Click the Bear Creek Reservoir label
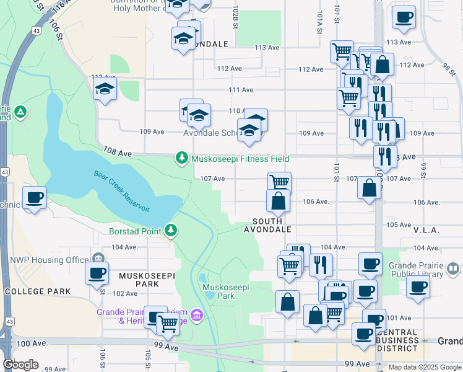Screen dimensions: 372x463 122,191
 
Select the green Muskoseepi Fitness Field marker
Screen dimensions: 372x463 181,159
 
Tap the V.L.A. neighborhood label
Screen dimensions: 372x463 425,230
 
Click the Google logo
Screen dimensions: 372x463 20,364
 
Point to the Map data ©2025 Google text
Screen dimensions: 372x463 424,367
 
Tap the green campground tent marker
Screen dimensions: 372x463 20,112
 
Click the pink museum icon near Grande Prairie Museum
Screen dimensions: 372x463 197,316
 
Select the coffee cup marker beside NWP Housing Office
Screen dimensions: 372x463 97,273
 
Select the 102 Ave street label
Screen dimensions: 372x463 124,293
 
